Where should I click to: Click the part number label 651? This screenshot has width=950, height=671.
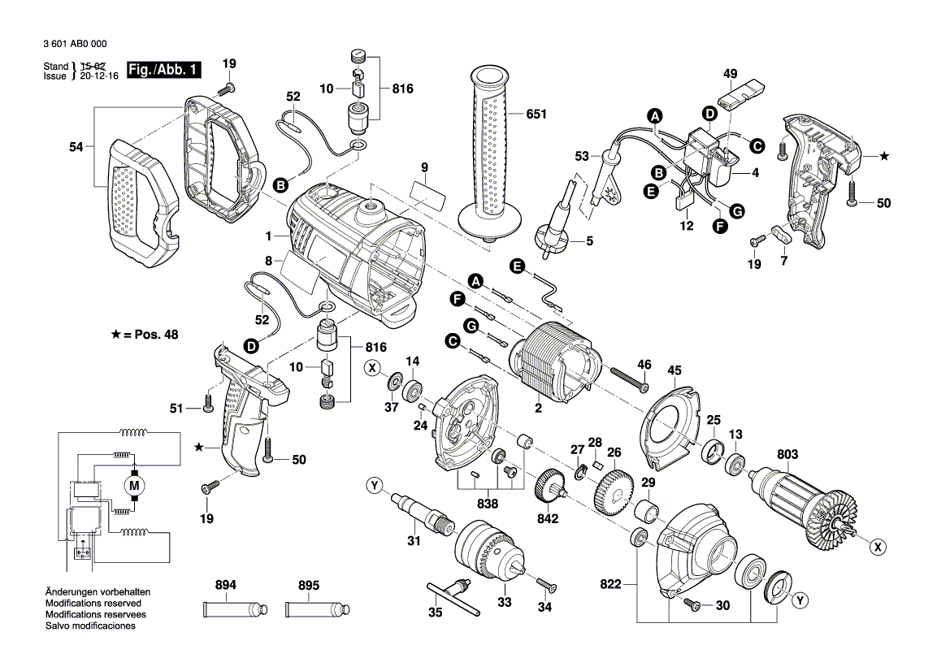coord(536,115)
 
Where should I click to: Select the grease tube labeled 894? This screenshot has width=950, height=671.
coord(235,609)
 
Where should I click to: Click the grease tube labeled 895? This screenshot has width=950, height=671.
coord(318,609)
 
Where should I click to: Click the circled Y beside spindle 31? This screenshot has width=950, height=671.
coord(374,487)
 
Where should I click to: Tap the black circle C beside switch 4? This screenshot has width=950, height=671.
coord(757,146)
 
